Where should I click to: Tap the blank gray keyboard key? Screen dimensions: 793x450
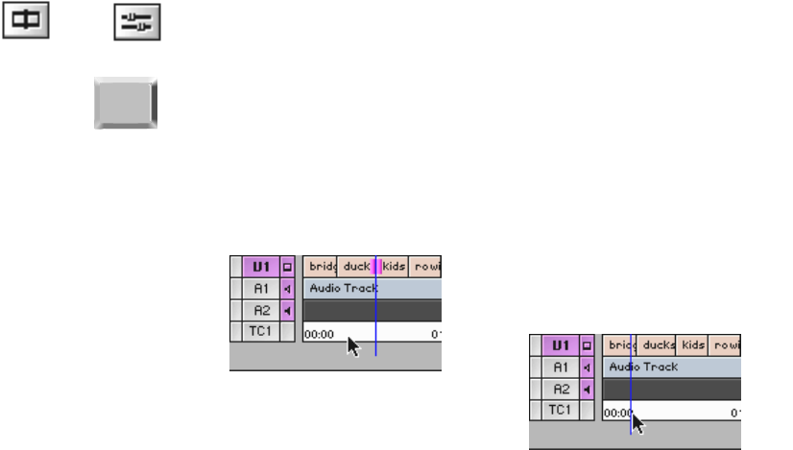click(125, 103)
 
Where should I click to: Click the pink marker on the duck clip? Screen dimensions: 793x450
click(376, 266)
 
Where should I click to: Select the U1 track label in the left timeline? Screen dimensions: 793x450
click(261, 266)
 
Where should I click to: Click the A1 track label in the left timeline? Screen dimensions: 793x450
click(261, 288)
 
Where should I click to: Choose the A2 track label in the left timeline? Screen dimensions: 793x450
click(261, 310)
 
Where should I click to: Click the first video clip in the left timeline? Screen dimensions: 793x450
click(320, 266)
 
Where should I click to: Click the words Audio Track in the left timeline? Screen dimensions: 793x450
click(343, 288)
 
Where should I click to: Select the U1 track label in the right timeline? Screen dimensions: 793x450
click(561, 344)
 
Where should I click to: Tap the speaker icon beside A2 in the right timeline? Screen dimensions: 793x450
click(587, 389)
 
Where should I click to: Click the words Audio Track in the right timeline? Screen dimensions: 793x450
click(643, 367)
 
